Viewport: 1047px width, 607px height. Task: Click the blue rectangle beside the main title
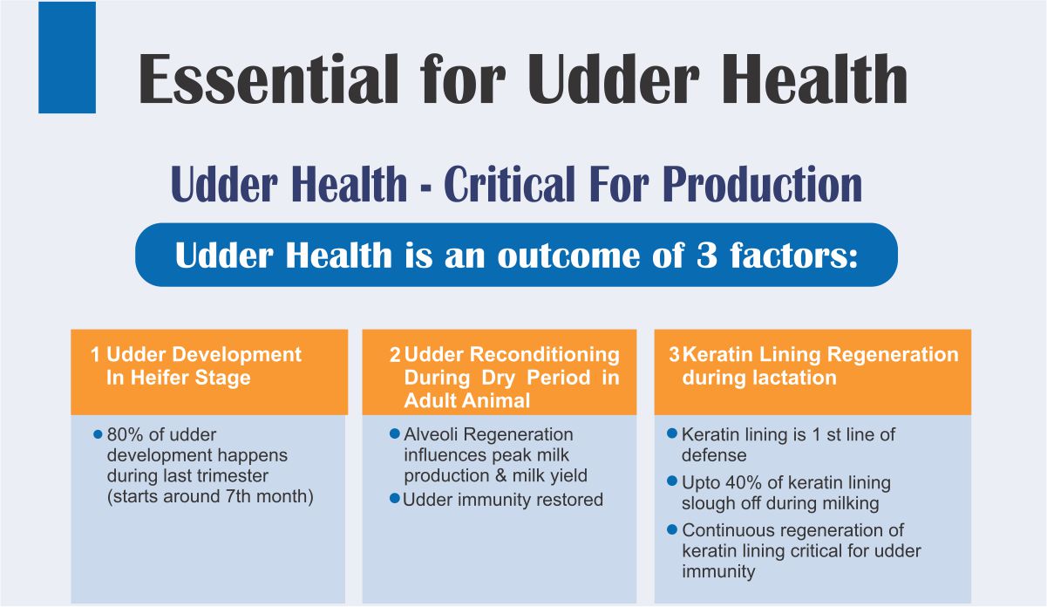coord(67,58)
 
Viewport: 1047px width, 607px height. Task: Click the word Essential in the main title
coord(268,78)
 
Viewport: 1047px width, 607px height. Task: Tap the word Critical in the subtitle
coord(509,184)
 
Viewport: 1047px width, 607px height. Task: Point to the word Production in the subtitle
coord(762,184)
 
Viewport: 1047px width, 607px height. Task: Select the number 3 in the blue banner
coord(707,256)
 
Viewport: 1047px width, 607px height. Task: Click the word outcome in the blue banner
coord(569,256)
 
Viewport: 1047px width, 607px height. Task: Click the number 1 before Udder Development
coord(95,354)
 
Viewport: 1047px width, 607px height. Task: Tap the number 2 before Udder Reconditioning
coord(395,354)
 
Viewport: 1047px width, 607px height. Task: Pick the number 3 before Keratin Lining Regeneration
coord(674,354)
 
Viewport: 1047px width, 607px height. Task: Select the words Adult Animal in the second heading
coord(467,400)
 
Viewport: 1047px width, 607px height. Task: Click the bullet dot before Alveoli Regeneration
coord(395,433)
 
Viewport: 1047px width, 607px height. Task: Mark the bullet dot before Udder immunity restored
coord(395,498)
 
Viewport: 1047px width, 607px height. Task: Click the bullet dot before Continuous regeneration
coord(672,529)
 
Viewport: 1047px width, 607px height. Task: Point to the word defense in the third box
coord(714,455)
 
